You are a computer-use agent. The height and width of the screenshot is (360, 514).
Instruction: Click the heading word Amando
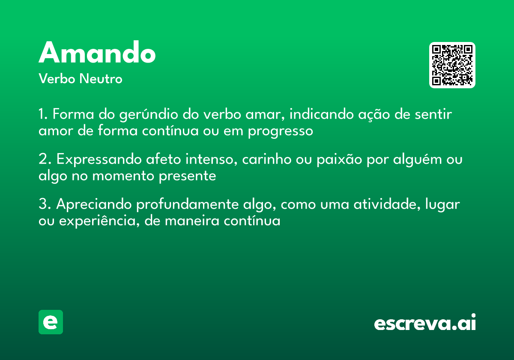coord(97,53)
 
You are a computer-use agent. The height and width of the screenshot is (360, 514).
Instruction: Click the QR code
coord(452,65)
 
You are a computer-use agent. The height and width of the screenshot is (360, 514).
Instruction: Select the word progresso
coord(280,131)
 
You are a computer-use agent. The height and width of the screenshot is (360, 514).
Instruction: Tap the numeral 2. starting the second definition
coord(45,159)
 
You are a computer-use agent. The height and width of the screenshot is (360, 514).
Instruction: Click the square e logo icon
coord(51,322)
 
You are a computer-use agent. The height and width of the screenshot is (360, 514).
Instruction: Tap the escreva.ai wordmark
coord(425,323)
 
